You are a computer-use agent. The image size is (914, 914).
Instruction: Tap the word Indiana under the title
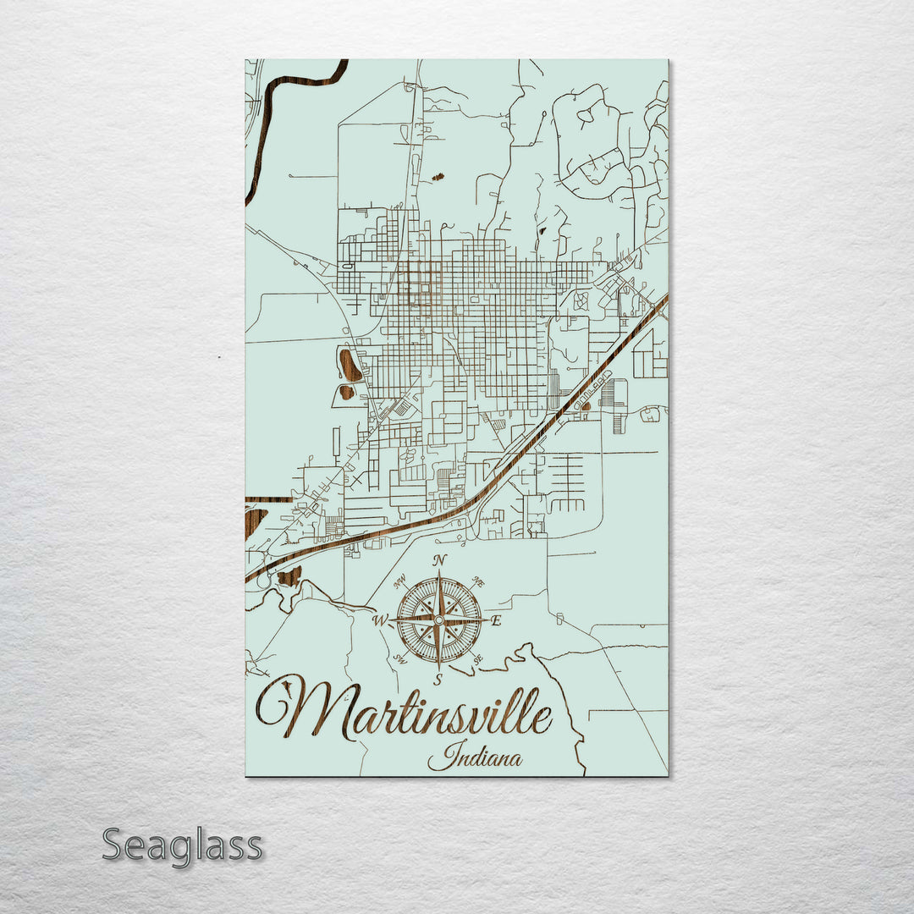(x=475, y=756)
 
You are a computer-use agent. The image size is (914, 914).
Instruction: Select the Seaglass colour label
(x=182, y=845)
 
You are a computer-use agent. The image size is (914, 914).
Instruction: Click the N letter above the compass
(x=438, y=560)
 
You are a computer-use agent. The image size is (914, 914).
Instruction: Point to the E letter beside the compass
(x=497, y=621)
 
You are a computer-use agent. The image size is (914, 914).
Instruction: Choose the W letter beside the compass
(x=380, y=621)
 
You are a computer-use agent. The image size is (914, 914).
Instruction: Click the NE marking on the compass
(x=478, y=582)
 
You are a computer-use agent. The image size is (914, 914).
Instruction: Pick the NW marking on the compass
(x=399, y=582)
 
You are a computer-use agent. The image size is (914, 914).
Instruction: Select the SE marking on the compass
(x=478, y=659)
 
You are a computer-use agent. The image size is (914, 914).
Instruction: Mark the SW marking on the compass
(x=399, y=659)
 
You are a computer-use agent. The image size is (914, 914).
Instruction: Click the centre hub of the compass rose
(x=438, y=620)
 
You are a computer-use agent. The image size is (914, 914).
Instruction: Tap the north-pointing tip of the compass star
(x=438, y=575)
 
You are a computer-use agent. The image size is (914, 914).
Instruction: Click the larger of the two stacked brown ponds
(x=350, y=365)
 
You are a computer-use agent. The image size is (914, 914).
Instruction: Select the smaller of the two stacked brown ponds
(x=346, y=392)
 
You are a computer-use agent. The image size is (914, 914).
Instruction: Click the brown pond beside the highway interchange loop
(x=289, y=577)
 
